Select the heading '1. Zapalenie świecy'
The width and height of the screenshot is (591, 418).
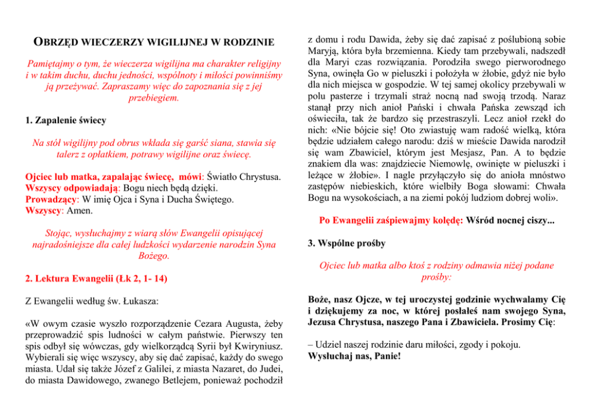click(x=66, y=120)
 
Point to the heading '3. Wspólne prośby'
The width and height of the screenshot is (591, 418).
click(x=346, y=243)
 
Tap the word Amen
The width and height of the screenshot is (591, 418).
click(x=79, y=210)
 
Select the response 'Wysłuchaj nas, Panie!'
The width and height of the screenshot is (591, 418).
click(x=354, y=356)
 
